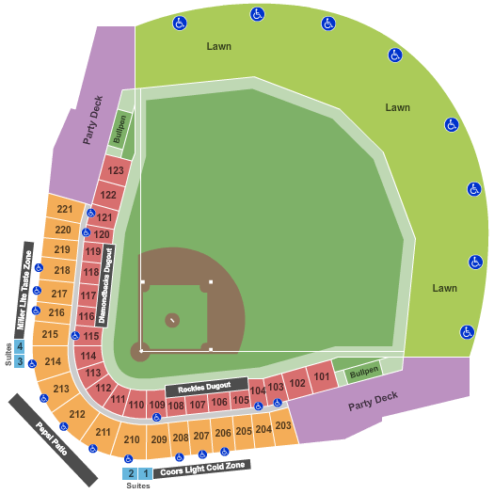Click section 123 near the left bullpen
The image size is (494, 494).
tap(116, 171)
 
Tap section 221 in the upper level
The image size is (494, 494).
tap(64, 209)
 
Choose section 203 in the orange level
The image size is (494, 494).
tap(283, 425)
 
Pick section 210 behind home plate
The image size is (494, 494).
tap(132, 439)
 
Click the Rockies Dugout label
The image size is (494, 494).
tap(205, 387)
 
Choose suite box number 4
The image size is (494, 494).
tap(19, 346)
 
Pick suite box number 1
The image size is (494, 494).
tap(146, 473)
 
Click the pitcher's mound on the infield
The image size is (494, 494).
tap(172, 321)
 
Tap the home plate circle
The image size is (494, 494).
tap(141, 351)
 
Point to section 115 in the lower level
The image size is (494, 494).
tap(90, 336)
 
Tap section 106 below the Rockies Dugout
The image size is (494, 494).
tap(218, 403)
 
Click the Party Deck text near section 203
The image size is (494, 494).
tap(373, 401)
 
